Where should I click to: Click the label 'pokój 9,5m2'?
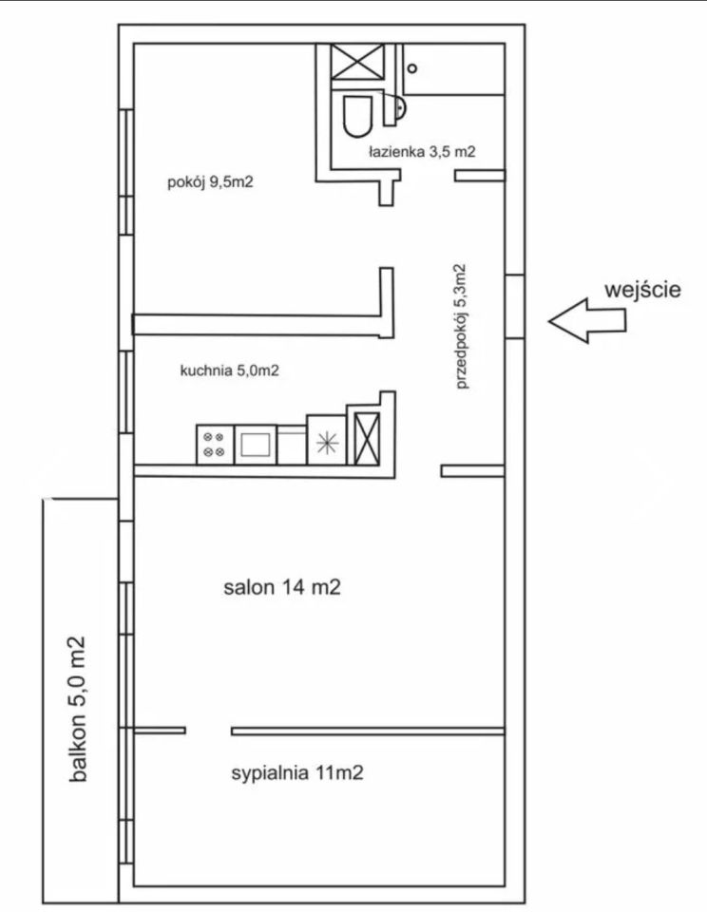pos(209,183)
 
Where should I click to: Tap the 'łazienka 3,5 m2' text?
pos(421,151)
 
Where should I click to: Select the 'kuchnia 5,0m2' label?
pos(229,370)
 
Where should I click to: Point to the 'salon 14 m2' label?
pos(282,588)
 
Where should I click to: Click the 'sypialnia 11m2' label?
pos(297,772)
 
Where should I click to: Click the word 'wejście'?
pos(646,290)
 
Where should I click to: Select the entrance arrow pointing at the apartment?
pos(587,321)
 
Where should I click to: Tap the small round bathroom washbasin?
pos(397,108)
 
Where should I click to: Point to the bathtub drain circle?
pos(411,67)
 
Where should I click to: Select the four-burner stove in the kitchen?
pos(215,445)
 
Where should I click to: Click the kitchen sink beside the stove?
pos(255,445)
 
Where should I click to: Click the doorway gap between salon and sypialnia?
pos(208,731)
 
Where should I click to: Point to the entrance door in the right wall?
pos(514,306)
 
